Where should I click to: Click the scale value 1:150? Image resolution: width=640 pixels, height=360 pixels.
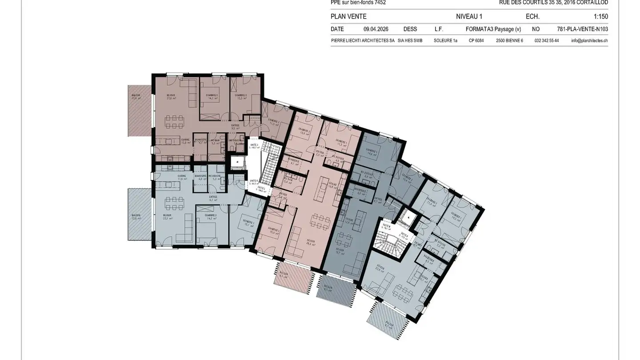[600, 17]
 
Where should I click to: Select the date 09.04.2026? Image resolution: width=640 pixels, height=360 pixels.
[376, 29]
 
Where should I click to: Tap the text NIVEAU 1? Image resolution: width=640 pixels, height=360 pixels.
[469, 17]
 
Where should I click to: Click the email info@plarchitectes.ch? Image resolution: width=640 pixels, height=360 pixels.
[589, 40]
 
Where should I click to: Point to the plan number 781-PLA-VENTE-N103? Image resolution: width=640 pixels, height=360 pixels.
[582, 29]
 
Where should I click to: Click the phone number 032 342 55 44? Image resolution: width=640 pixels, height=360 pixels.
[547, 40]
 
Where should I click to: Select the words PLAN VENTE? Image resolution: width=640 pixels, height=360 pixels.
[348, 17]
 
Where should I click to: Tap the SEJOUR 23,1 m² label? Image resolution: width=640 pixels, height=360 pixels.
[167, 216]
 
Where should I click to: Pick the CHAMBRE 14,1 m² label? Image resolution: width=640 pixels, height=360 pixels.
[212, 97]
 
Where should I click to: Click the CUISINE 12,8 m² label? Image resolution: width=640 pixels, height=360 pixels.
[185, 141]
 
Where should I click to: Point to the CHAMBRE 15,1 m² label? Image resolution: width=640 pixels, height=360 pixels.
[248, 224]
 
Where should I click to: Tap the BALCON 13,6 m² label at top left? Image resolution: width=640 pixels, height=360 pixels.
[136, 97]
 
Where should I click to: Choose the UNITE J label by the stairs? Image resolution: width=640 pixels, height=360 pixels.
[254, 146]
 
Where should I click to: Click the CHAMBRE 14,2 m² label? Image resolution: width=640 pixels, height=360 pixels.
[211, 216]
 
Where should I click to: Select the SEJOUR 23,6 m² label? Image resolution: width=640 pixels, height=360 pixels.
[380, 268]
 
